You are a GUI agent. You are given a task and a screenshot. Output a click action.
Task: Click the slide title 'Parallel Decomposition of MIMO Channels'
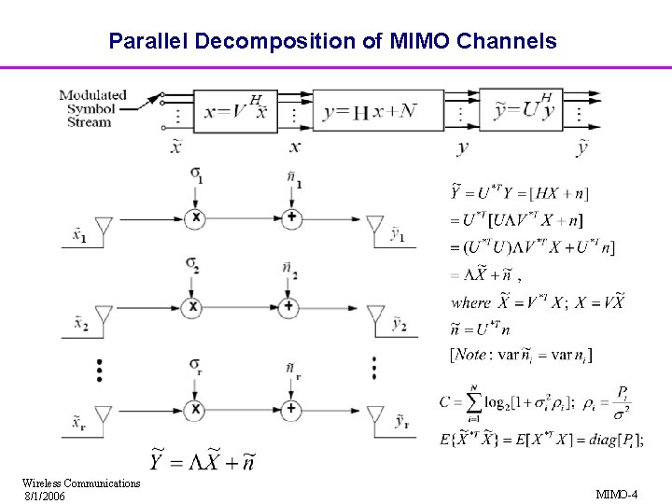coord(332,41)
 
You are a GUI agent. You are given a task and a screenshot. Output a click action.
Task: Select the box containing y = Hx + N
coord(369,112)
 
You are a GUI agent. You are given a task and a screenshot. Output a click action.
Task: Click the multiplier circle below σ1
coord(195,217)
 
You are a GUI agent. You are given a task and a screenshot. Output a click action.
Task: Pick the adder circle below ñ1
coord(291,217)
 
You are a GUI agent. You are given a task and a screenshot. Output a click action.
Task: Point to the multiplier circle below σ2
coord(195,306)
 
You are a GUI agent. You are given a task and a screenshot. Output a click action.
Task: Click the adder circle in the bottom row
coord(291,409)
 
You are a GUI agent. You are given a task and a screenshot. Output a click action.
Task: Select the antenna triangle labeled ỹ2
coord(375,314)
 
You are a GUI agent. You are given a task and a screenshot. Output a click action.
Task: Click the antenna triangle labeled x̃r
coord(104,415)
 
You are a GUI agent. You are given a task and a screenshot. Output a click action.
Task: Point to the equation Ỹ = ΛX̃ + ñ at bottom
coord(201,461)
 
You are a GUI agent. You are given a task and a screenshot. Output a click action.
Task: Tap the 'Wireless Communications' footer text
coord(81,483)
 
